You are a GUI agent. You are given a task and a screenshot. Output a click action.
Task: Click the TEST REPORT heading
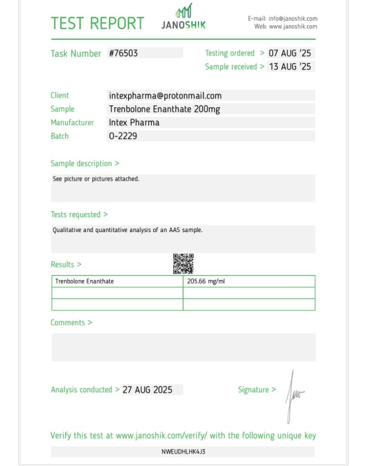pos(97,23)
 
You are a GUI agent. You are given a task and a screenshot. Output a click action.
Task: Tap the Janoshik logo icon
pos(183,11)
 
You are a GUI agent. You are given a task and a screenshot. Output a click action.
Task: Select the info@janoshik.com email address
pos(293,19)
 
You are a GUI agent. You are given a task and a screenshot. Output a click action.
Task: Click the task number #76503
pos(123,53)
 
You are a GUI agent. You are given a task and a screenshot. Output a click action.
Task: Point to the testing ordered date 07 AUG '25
pos(290,53)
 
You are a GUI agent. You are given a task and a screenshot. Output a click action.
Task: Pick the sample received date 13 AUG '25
pos(290,67)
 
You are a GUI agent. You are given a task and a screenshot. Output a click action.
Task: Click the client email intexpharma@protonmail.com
pos(165,95)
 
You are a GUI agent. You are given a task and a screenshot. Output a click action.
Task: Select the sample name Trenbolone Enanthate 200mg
pos(164,109)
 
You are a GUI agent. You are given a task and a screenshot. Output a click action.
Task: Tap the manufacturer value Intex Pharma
pos(134,123)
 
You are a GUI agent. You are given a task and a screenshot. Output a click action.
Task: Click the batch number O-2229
pos(123,136)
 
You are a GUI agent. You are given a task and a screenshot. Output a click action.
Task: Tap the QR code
pos(183,264)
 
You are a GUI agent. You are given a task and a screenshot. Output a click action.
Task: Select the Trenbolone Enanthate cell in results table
pos(85,281)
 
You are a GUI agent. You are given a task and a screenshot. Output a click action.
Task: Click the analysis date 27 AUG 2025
pos(148,390)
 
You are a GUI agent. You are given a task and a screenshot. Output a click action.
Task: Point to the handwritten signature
pos(293,395)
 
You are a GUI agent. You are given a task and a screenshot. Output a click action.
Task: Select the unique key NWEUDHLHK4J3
pos(183,452)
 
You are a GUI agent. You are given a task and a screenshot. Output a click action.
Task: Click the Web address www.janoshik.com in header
pos(293,27)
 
